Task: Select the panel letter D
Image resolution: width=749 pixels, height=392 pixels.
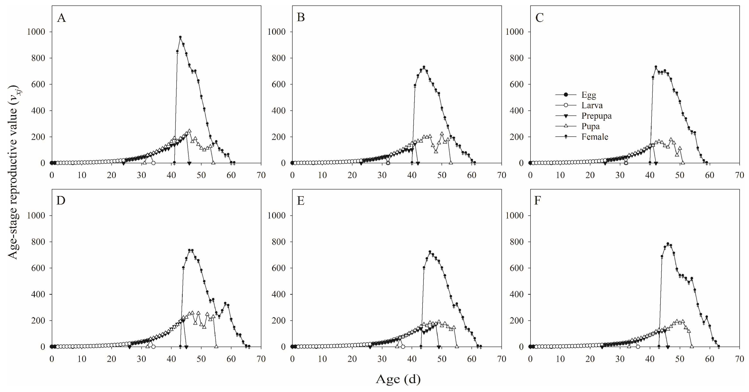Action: coord(61,201)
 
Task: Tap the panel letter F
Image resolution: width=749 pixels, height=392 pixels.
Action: coord(537,201)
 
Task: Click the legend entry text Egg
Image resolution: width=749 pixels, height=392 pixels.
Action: coord(588,95)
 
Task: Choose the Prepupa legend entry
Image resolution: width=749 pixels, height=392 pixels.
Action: coord(596,116)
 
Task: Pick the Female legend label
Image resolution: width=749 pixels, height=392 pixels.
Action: coord(595,137)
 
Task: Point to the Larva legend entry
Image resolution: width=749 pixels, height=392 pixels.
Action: coord(592,105)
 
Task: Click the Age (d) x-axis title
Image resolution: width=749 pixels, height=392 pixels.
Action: coord(398,379)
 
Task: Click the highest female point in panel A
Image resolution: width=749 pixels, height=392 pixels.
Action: coord(180,37)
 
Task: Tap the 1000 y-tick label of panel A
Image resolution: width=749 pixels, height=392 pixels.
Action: coord(36,32)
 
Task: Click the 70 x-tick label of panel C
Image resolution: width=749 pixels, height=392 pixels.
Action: coord(739,175)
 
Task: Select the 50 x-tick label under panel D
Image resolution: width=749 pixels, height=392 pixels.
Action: coord(201,359)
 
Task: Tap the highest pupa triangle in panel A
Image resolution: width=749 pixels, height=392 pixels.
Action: coord(189,131)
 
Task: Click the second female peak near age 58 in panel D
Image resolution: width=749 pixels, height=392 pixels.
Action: coord(225,303)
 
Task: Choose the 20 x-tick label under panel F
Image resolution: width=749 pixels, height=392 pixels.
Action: coord(590,359)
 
